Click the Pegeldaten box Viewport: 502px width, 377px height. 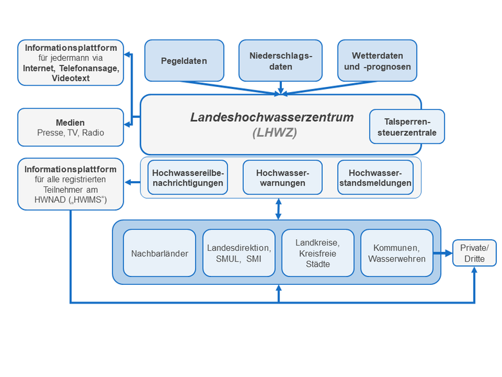point(184,61)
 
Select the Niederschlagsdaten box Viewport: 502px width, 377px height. point(281,61)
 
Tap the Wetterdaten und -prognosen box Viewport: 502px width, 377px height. point(377,61)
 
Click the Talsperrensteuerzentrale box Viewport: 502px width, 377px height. point(407,126)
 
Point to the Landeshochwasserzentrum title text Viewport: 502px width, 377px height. point(272,117)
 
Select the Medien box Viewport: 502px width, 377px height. point(70,127)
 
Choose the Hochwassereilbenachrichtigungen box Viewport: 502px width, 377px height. point(188,177)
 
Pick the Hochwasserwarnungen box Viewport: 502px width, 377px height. point(283,177)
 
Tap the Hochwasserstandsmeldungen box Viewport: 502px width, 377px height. point(375,177)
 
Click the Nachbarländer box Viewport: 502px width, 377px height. point(160,253)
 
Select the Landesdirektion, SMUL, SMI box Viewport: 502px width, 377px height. point(239,253)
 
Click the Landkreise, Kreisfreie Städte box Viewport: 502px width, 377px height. point(318,253)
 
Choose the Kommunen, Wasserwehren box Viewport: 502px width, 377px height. point(396,253)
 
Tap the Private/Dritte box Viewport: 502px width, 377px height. point(474,253)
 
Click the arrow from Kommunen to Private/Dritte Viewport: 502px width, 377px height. point(443,253)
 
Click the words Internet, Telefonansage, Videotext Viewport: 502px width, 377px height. point(71,73)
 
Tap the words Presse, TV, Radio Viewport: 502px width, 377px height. point(70,133)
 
